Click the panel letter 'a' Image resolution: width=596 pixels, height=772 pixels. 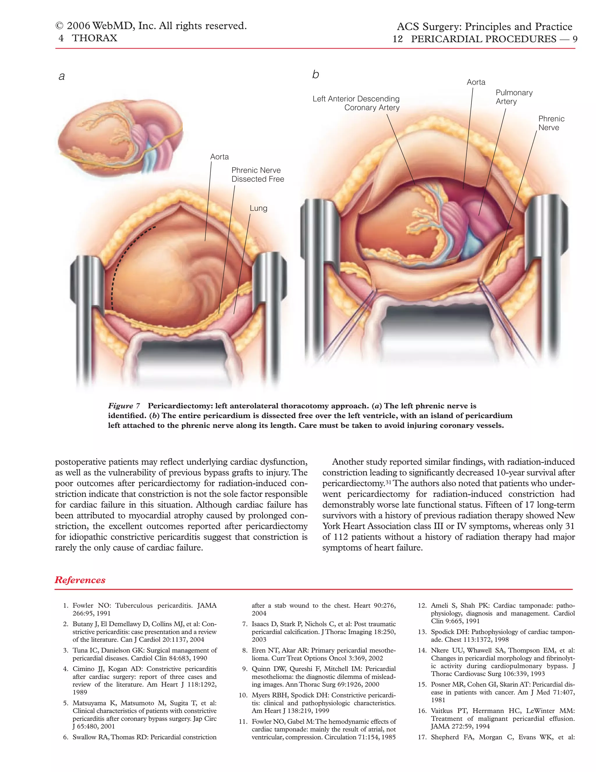[62, 76]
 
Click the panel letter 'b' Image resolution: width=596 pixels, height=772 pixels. [315, 75]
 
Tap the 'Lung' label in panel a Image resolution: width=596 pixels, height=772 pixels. [258, 208]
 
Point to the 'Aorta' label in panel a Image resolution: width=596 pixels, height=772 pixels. [219, 157]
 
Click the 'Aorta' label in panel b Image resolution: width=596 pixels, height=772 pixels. [476, 82]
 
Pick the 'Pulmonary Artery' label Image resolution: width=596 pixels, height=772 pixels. [514, 97]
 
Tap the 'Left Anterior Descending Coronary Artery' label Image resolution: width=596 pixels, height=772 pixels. [356, 103]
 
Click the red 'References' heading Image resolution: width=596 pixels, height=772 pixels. [80, 580]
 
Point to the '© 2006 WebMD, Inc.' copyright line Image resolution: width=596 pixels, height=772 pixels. [151, 26]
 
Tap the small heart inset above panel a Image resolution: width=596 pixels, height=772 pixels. [120, 134]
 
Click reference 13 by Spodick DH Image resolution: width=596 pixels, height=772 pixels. [496, 636]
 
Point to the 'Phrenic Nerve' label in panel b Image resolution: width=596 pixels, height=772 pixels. [551, 123]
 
